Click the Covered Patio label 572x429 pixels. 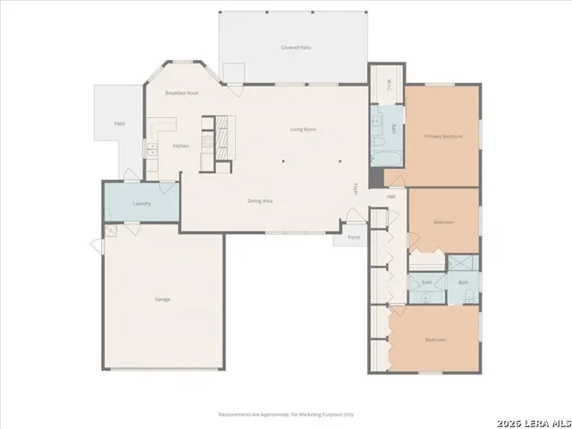(294, 46)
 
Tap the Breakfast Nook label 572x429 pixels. (181, 94)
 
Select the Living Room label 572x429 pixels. (304, 130)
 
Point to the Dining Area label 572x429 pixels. (260, 200)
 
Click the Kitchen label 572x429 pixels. (181, 146)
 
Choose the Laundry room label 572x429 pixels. (141, 204)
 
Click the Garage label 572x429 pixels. (162, 299)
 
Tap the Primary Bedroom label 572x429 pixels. (443, 136)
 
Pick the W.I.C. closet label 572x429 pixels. (389, 86)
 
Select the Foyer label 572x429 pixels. (355, 189)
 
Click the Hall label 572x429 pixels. (391, 197)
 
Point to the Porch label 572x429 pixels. (354, 238)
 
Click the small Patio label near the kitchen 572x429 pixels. (119, 123)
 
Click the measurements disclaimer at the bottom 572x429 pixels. (286, 415)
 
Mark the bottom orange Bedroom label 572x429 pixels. (436, 340)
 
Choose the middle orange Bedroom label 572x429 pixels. (443, 221)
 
